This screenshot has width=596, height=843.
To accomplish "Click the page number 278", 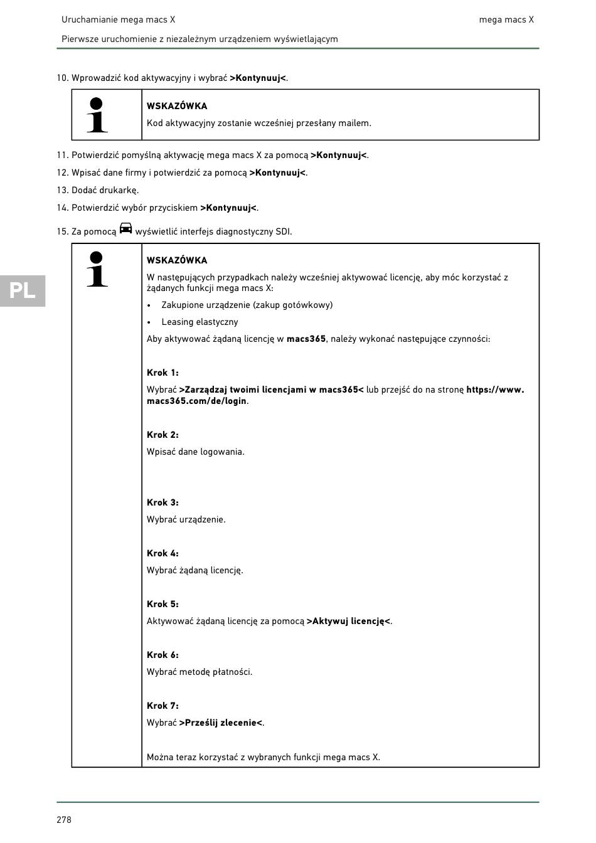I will [x=64, y=820].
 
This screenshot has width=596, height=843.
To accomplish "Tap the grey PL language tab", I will [x=23, y=290].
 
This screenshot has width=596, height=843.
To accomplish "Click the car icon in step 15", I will [x=125, y=228].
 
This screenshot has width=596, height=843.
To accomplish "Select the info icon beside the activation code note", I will [x=97, y=115].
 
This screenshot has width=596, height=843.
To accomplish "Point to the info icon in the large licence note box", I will [x=97, y=269].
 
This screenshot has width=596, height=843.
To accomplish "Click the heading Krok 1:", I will [x=162, y=373].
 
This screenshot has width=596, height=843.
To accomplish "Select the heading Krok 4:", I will [x=162, y=553].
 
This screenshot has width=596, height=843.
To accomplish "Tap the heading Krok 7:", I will [x=162, y=706].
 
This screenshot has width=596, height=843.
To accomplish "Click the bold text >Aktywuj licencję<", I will [x=348, y=621].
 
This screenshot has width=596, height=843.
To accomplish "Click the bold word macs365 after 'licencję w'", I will [x=306, y=339].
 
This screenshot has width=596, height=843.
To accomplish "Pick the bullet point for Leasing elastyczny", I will [x=149, y=322].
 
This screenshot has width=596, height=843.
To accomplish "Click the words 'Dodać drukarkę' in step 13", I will [x=105, y=190].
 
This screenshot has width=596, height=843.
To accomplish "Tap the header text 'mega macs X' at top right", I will [x=506, y=19].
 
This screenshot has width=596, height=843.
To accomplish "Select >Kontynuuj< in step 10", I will [x=258, y=78].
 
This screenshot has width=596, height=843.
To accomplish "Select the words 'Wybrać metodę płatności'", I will [x=199, y=672].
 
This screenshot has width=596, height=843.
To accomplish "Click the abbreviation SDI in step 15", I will [x=283, y=231].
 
